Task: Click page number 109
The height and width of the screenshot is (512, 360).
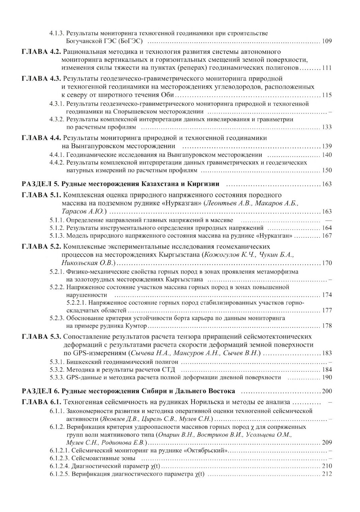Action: [x=327, y=41]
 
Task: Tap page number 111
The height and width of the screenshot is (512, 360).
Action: [x=327, y=68]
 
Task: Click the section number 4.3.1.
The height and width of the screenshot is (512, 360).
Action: [x=57, y=104]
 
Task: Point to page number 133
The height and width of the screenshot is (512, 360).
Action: [x=327, y=127]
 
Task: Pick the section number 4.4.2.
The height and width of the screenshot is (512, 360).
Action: [x=57, y=163]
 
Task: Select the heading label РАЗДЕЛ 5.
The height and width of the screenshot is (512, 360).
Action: [x=40, y=184]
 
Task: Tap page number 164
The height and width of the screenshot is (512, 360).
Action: [x=327, y=228]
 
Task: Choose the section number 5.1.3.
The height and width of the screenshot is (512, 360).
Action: [x=57, y=236]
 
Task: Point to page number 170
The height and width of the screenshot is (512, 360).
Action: [x=327, y=263]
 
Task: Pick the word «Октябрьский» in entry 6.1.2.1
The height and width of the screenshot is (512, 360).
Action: [x=206, y=450]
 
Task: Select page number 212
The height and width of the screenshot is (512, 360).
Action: [x=327, y=474]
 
